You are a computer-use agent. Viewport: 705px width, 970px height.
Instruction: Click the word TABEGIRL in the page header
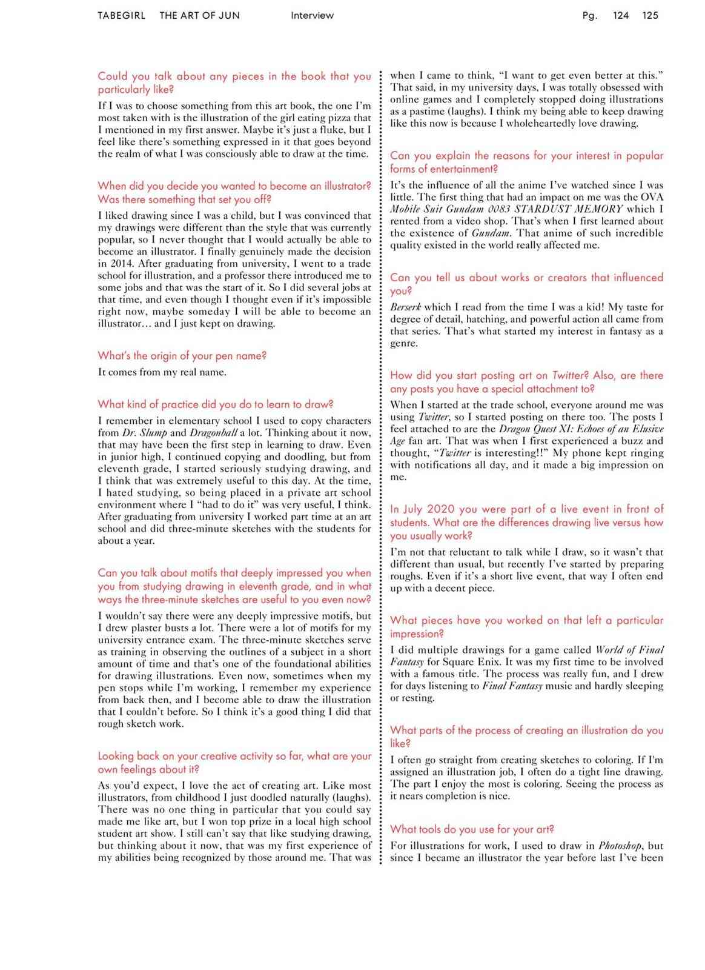121,16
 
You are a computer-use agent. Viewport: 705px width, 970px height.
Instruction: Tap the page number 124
621,16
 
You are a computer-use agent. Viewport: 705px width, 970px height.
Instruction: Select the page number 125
650,16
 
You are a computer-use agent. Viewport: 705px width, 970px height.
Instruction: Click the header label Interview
312,16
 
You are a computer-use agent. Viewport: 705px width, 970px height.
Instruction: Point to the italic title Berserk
405,307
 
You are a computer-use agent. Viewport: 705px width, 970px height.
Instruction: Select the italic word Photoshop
621,846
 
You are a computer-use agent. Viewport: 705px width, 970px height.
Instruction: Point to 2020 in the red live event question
441,509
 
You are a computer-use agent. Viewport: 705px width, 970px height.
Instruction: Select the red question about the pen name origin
182,356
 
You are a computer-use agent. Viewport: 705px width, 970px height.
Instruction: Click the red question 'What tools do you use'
472,829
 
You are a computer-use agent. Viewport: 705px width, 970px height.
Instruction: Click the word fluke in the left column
337,130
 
